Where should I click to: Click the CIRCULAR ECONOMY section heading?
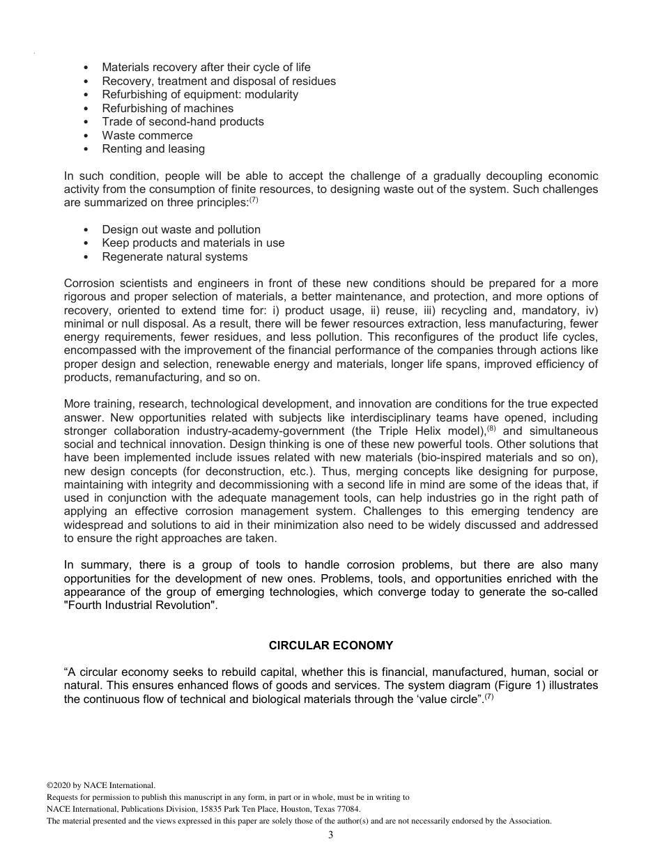(x=331, y=646)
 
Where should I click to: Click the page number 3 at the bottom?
(x=331, y=835)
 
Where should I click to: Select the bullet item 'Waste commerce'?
(x=147, y=135)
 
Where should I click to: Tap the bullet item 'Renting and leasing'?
(x=153, y=148)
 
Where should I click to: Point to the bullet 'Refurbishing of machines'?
(x=167, y=108)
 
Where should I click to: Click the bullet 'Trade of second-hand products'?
(x=183, y=121)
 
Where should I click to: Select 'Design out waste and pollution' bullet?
(x=181, y=229)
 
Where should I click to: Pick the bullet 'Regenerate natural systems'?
(x=174, y=256)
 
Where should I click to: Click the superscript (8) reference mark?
(x=491, y=428)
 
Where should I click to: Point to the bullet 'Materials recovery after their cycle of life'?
(x=206, y=68)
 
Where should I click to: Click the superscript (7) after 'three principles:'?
(x=254, y=201)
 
